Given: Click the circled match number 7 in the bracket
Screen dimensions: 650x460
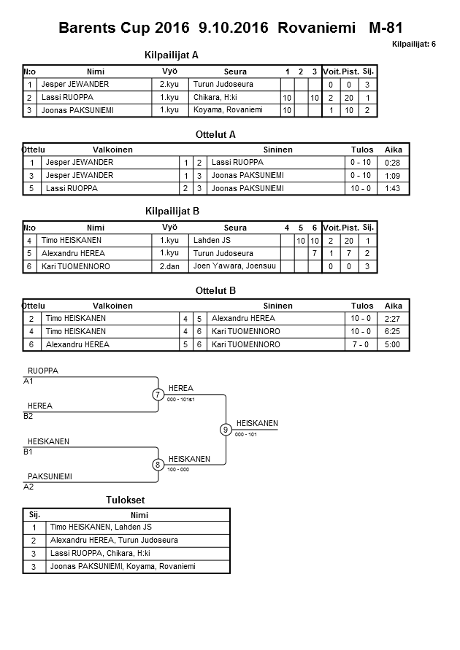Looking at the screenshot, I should [158, 395].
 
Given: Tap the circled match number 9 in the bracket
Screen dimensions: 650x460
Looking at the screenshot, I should [226, 429].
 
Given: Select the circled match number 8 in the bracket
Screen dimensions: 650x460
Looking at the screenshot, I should [158, 465].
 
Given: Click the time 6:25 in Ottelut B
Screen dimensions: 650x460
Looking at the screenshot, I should [394, 331].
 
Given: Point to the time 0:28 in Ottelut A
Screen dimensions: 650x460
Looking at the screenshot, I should [394, 163].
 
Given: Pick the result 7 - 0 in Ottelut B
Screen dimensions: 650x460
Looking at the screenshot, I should [361, 344].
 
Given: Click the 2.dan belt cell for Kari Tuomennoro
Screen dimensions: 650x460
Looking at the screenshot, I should [169, 266].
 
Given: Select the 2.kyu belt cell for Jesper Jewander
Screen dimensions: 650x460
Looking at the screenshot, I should [169, 84].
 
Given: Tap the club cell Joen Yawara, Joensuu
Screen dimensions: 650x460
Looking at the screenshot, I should [234, 266].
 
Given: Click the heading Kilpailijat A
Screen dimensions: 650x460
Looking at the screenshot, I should [172, 55].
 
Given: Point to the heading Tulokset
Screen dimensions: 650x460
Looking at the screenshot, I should [126, 500].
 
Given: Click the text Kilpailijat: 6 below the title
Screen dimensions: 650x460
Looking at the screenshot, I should [413, 45].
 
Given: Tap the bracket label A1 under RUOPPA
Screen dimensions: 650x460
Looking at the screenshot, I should [28, 381].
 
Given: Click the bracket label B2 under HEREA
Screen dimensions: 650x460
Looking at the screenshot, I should [28, 416].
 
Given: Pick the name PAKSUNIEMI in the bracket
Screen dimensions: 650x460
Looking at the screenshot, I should [50, 476].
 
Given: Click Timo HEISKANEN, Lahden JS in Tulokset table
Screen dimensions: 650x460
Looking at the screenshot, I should [101, 527].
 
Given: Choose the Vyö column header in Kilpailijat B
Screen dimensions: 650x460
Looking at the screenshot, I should [169, 227].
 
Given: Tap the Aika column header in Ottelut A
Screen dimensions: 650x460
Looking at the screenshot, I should [394, 150].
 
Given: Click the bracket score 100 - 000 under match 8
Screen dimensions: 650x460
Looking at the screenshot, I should [178, 470].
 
